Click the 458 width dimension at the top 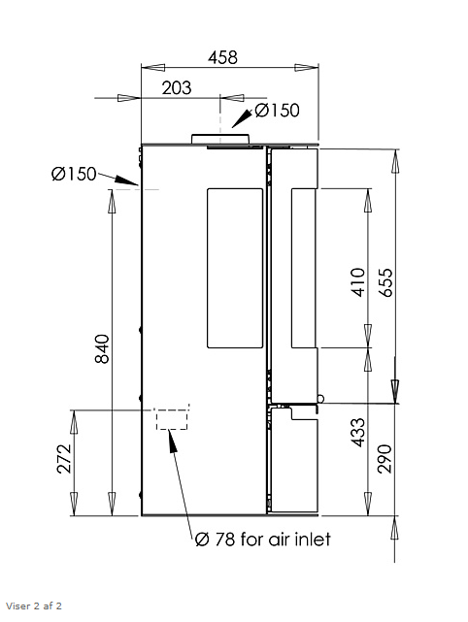222,57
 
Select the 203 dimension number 177,87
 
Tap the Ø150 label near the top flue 277,111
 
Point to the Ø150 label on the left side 74,174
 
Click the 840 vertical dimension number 102,348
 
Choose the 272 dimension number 64,459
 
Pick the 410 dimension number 358,282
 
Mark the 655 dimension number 385,282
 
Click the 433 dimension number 358,433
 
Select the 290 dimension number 384,459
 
